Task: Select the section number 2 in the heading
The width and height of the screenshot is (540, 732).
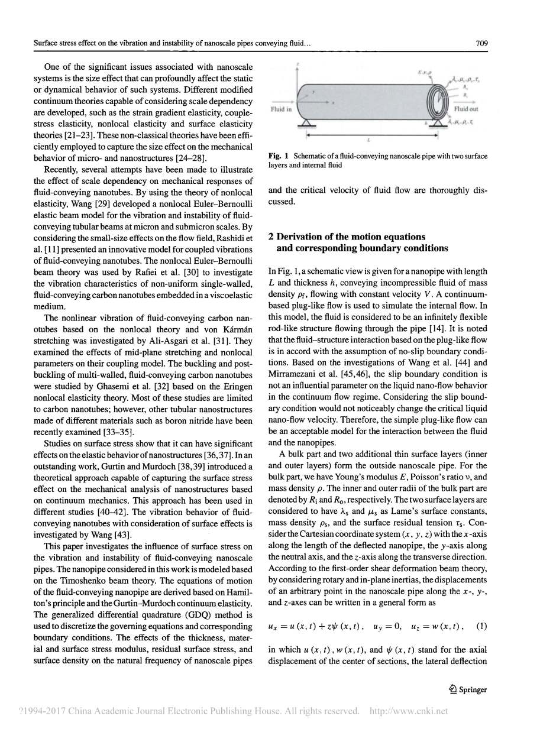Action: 271,237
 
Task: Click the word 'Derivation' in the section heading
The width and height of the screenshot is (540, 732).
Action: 302,237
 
